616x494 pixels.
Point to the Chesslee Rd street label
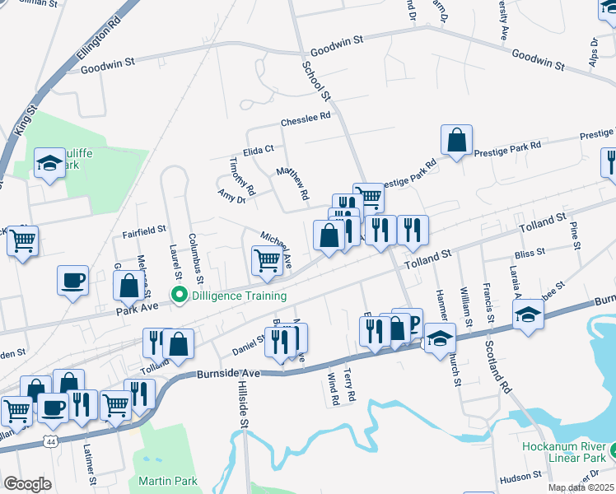tap(305, 117)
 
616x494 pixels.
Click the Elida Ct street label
tap(258, 150)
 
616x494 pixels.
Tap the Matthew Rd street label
tap(292, 184)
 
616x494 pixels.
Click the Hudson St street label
tap(520, 476)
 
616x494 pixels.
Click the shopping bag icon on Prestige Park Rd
tap(456, 141)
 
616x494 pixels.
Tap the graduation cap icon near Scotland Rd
tap(527, 314)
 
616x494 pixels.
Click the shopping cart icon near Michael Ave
tap(267, 260)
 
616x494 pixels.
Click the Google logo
tap(27, 484)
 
